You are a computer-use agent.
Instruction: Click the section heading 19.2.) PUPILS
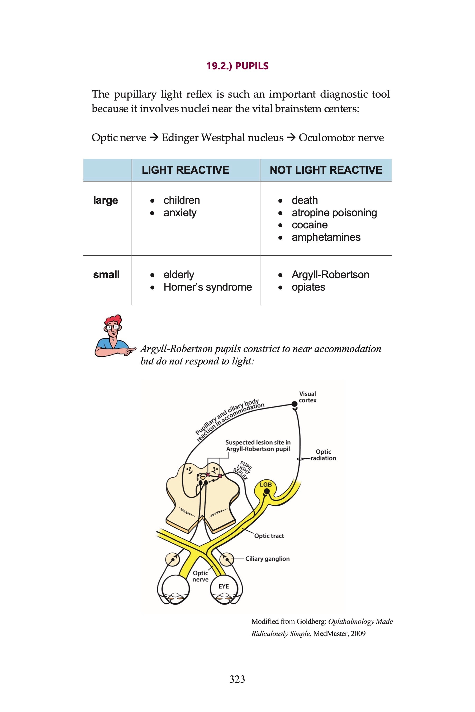[x=237, y=66]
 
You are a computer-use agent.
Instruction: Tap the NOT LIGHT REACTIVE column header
[x=326, y=170]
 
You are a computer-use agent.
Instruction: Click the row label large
[x=105, y=200]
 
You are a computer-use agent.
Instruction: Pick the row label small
[x=106, y=275]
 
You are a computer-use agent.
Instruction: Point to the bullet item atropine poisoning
[x=334, y=213]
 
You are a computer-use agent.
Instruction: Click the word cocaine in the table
[x=309, y=225]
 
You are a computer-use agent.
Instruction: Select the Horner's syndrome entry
[x=207, y=287]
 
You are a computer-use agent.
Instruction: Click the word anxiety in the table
[x=180, y=213]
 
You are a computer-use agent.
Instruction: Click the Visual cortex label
[x=307, y=397]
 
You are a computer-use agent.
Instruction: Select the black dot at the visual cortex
[x=294, y=404]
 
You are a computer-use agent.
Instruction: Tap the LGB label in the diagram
[x=266, y=485]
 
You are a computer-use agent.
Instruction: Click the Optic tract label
[x=269, y=536]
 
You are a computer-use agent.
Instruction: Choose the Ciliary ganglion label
[x=267, y=559]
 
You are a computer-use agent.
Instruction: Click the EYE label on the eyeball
[x=224, y=586]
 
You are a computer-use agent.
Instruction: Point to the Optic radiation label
[x=323, y=455]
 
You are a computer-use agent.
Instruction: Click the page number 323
[x=237, y=679]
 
